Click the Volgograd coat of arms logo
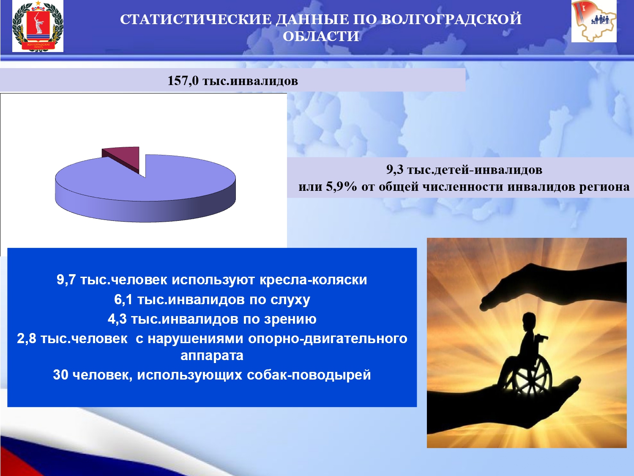(x=38, y=26)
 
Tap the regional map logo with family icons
(x=594, y=21)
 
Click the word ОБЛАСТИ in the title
(x=321, y=37)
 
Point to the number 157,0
(x=183, y=81)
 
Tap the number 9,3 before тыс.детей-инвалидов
(x=394, y=170)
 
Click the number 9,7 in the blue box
(x=66, y=280)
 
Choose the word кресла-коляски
(x=313, y=280)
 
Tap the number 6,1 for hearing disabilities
(x=123, y=300)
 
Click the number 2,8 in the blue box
(x=27, y=339)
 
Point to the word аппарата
(x=212, y=356)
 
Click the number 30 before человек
(x=61, y=375)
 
